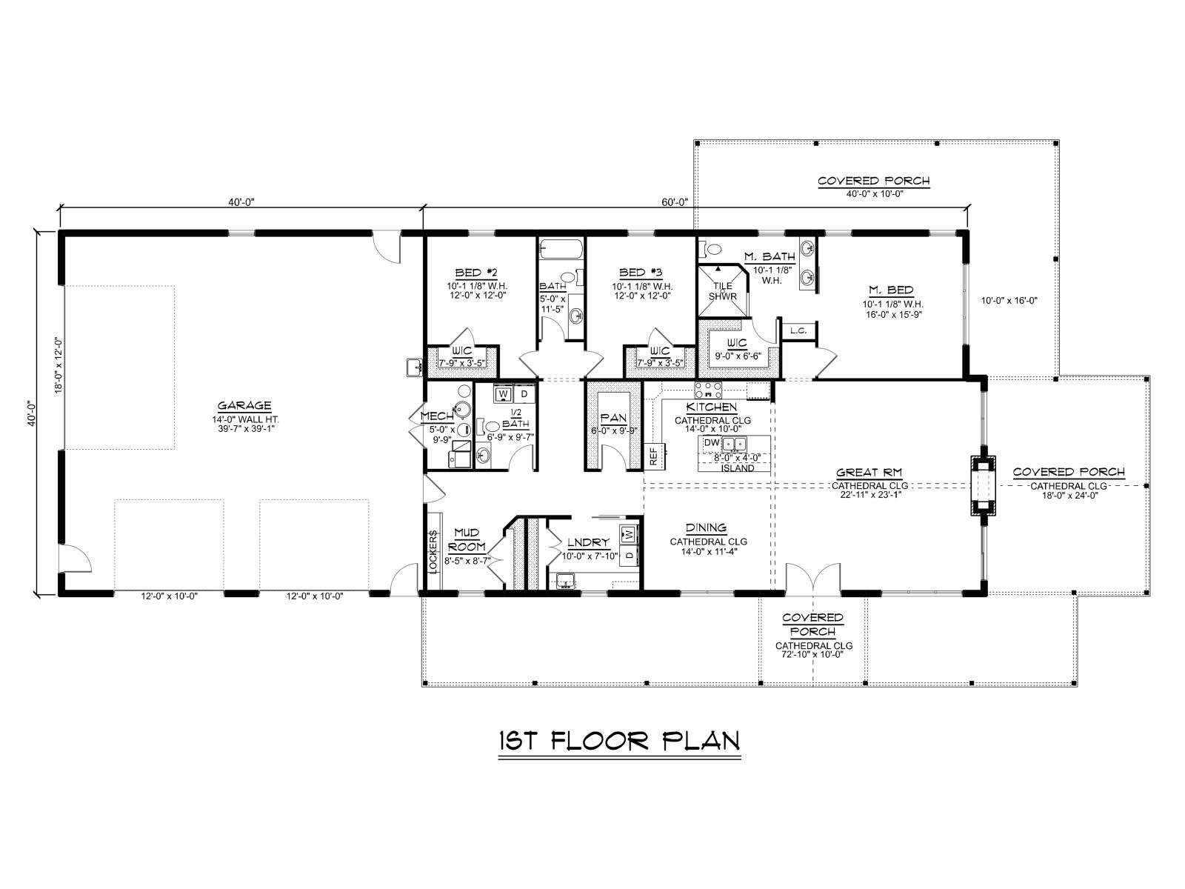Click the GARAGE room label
click(x=244, y=405)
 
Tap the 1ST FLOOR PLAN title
click(x=618, y=741)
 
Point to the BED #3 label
click(x=641, y=273)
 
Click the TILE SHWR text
click(x=722, y=291)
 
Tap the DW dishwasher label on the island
click(x=712, y=442)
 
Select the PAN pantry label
click(x=613, y=417)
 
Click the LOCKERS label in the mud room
click(x=433, y=551)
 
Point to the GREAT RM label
click(x=869, y=473)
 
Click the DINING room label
click(x=706, y=528)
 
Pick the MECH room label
click(x=437, y=416)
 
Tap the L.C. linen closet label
click(x=798, y=330)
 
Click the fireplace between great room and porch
click(x=984, y=486)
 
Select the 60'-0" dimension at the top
click(x=675, y=202)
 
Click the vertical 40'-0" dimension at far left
click(x=30, y=413)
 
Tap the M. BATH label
click(x=770, y=256)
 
